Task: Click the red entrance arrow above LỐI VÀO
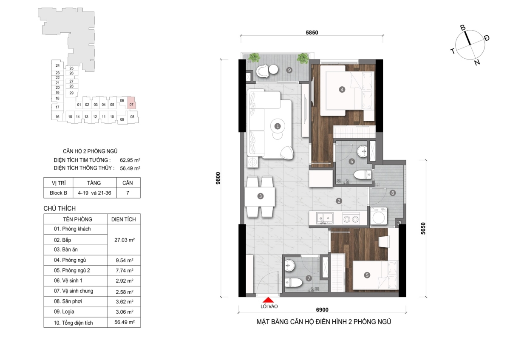[x=269, y=300]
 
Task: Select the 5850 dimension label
[x=312, y=33]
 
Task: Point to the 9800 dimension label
[x=218, y=178]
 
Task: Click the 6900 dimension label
[x=322, y=310]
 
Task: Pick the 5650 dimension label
[x=423, y=228]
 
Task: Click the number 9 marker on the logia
[x=289, y=70]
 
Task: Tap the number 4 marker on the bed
[x=342, y=90]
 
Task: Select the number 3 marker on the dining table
[x=260, y=196]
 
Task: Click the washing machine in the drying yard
[x=378, y=216]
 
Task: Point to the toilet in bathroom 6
[x=363, y=175]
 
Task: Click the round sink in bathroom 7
[x=289, y=266]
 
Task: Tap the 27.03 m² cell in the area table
[x=124, y=240]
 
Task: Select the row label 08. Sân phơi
[x=68, y=301]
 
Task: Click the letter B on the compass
[x=463, y=28]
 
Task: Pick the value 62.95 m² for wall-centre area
[x=130, y=160]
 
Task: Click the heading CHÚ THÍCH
[x=59, y=208]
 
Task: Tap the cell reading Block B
[x=58, y=193]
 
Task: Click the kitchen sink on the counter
[x=325, y=218]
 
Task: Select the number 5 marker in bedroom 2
[x=367, y=275]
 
